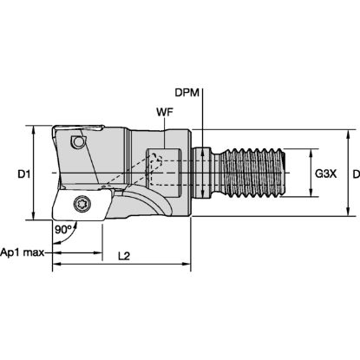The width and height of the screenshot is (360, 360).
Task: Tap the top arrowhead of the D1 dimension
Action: tap(34, 128)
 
